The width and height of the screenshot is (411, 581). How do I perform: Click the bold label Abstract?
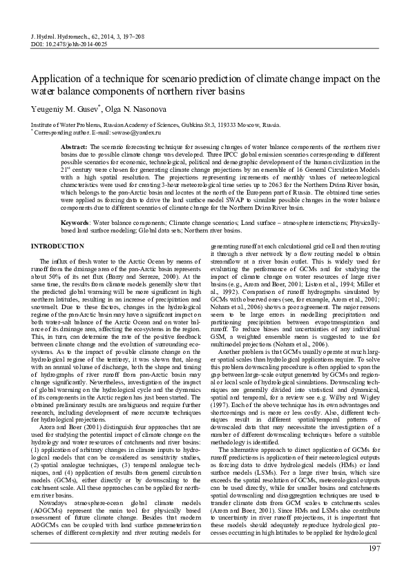[x=73, y=148]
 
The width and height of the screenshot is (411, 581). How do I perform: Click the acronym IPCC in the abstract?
[x=294, y=155]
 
